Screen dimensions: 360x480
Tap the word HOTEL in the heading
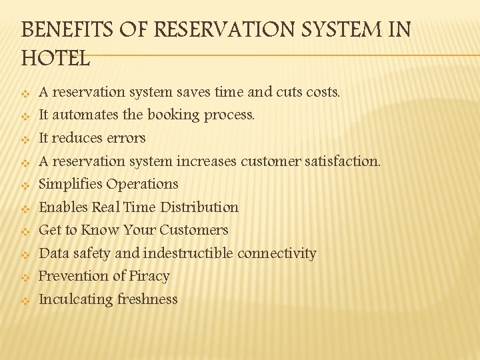[x=55, y=59]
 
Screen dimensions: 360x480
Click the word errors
[x=126, y=138]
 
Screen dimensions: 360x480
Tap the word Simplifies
[x=70, y=184]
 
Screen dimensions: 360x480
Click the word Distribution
[x=199, y=207]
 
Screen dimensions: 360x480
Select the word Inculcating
[x=75, y=299]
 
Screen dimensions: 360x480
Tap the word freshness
[x=147, y=299]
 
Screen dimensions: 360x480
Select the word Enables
[x=63, y=207]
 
